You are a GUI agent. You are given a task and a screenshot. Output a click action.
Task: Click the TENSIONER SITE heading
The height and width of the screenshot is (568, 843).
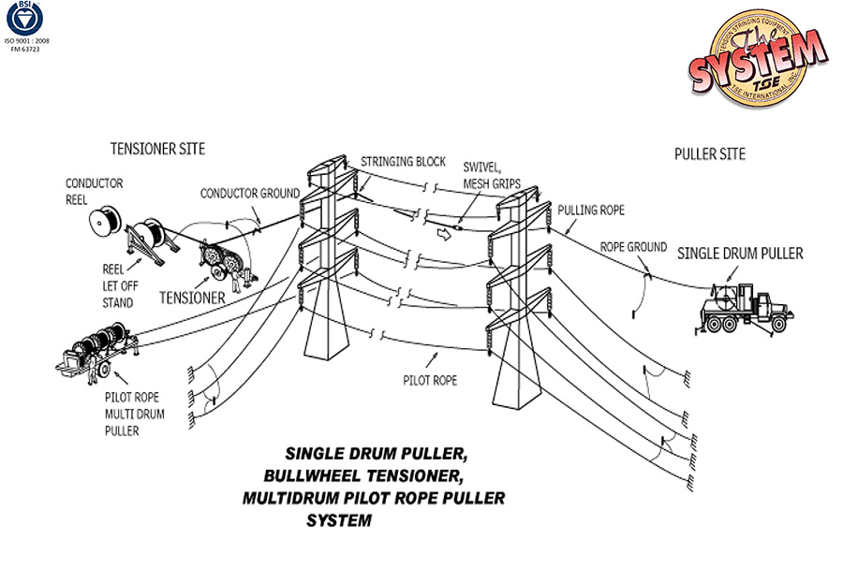pos(157,149)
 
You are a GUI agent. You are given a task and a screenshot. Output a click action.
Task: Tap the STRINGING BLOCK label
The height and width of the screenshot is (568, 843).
pos(403,162)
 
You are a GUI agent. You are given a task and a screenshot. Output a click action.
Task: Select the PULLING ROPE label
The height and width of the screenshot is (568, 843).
pos(591,211)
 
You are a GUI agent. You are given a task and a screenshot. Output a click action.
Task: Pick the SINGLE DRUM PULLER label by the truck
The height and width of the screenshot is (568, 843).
pos(740,253)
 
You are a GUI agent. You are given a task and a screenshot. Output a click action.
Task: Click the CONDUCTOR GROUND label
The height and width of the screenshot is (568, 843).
pos(250,194)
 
